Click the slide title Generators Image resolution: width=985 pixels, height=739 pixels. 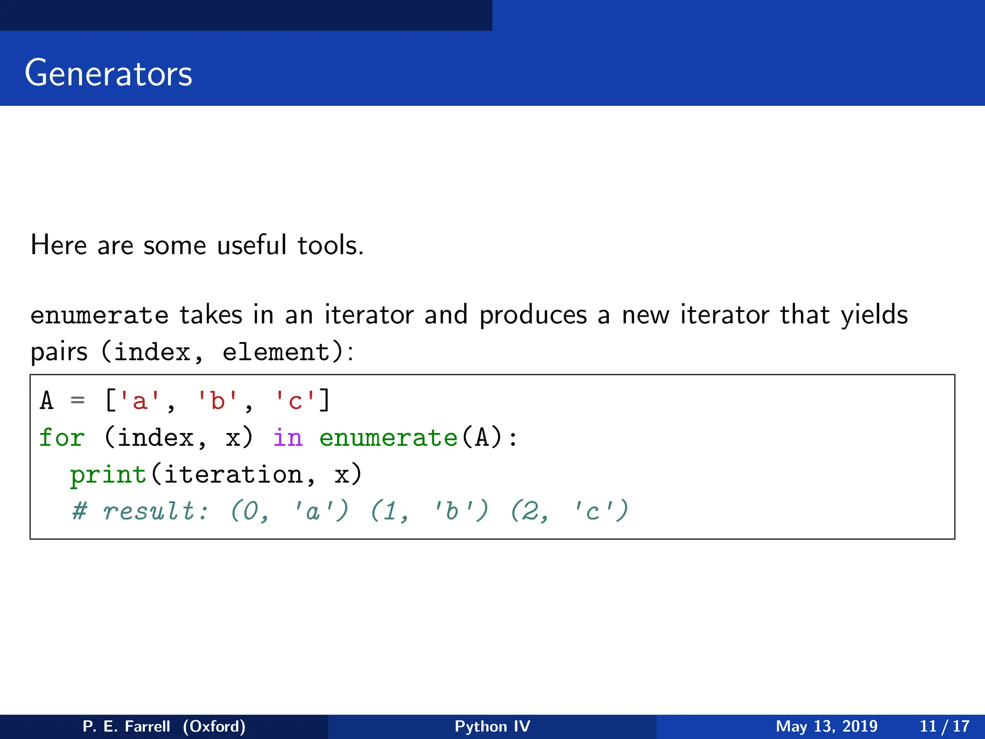pos(108,73)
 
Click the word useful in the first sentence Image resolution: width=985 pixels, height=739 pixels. pos(252,245)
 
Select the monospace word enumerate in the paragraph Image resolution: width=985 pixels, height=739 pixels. pos(100,316)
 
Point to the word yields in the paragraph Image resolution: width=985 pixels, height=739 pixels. pos(874,316)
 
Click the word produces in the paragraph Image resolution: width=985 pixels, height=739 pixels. pos(533,316)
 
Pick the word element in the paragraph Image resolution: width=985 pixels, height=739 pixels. pos(276,352)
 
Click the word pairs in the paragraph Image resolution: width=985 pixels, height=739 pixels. pos(59,352)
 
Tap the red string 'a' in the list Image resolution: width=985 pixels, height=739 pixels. pos(139,400)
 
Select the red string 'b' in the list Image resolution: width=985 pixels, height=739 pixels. pos(217,400)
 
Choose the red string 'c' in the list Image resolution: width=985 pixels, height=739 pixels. pos(295,400)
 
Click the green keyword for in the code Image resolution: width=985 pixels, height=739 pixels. pos(62,438)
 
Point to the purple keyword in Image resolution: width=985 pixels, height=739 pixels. pos(288,438)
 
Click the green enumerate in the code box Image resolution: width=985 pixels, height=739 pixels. pos(388,438)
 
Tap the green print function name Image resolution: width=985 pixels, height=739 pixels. pos(108,475)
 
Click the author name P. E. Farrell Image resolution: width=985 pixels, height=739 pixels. pos(126,726)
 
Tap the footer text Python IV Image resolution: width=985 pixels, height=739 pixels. pos(492,726)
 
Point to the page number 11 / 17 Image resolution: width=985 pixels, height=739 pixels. pos(944,726)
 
